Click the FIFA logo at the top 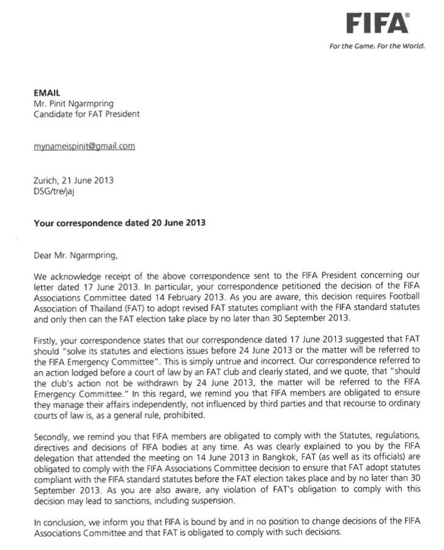377,23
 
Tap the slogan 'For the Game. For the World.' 377,46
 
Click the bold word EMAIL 47,93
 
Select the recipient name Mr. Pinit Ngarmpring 73,103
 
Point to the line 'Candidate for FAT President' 86,114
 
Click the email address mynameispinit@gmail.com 84,146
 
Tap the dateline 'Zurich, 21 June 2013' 73,180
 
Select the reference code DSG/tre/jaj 54,191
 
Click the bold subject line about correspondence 119,223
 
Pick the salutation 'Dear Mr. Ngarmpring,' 75,255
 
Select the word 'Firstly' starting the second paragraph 46,341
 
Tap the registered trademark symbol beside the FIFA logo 408,15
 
